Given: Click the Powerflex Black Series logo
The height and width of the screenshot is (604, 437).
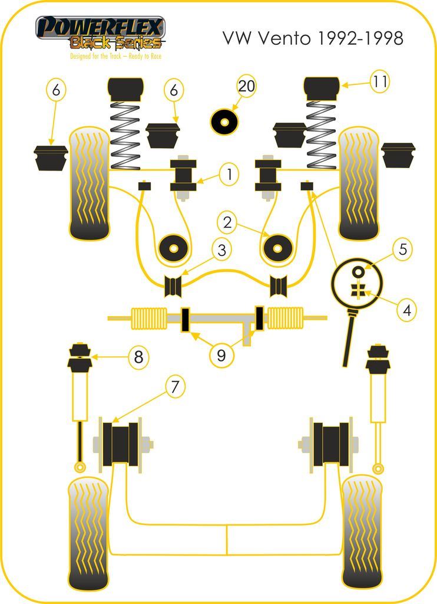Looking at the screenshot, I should point(101,33).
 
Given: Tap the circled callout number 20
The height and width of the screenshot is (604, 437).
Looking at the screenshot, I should point(247,86).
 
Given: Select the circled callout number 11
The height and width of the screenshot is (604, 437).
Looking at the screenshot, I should point(380,82).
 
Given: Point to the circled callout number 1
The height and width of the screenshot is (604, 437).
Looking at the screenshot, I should point(229,173).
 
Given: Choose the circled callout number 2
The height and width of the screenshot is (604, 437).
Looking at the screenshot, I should point(227,222).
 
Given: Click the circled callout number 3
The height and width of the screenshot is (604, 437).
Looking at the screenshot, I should point(221,250).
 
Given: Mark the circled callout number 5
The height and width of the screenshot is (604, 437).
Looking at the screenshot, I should point(402,249).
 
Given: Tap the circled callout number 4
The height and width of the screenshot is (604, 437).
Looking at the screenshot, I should point(406,308).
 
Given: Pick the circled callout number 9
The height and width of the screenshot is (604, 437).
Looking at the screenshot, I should point(221,355).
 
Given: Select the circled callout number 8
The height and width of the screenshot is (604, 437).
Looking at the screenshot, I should point(138,357).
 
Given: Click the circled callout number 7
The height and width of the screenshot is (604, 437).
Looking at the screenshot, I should point(174,387).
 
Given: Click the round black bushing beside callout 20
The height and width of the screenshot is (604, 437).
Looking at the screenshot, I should point(224,122).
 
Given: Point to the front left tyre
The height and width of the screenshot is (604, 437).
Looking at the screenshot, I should point(89,183).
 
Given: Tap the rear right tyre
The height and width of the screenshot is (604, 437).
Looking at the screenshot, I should point(362,531).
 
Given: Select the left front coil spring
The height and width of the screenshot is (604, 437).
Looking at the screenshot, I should point(125,134).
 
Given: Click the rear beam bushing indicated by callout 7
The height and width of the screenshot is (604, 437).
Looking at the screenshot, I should point(120,443).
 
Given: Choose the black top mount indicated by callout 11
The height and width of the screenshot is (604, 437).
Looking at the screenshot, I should point(322,88).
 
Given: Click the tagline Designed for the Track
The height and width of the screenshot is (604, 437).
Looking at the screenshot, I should point(115,57).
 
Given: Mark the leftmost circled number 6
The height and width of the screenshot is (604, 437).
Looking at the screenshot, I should point(55,90).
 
